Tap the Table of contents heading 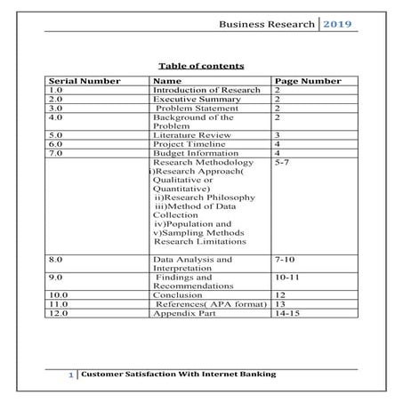pos(201,66)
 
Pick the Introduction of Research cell pos(206,90)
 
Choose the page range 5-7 pos(282,162)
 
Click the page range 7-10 pos(285,259)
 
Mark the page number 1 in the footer pos(70,376)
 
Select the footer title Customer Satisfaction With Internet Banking pos(178,375)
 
